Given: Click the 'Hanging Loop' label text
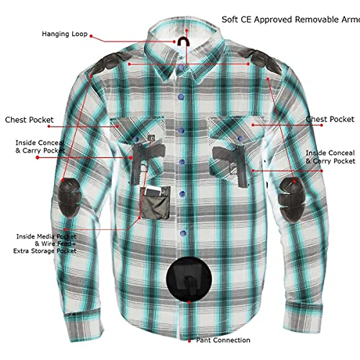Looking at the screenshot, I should pyautogui.click(x=64, y=34).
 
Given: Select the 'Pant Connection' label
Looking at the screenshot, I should pyautogui.click(x=223, y=340).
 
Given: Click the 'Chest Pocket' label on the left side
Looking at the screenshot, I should pyautogui.click(x=29, y=120).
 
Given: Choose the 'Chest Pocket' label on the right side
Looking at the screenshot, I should pyautogui.click(x=330, y=119).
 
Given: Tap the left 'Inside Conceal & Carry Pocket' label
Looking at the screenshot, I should pyautogui.click(x=40, y=147).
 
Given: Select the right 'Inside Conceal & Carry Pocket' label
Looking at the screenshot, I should pyautogui.click(x=330, y=157).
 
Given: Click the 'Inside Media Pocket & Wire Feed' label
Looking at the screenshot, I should pyautogui.click(x=45, y=244).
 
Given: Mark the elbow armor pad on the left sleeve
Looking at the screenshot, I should pyautogui.click(x=69, y=197).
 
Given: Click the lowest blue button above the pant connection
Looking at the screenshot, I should pyautogui.click(x=183, y=233).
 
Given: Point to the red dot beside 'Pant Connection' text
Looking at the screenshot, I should pyautogui.click(x=189, y=341).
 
